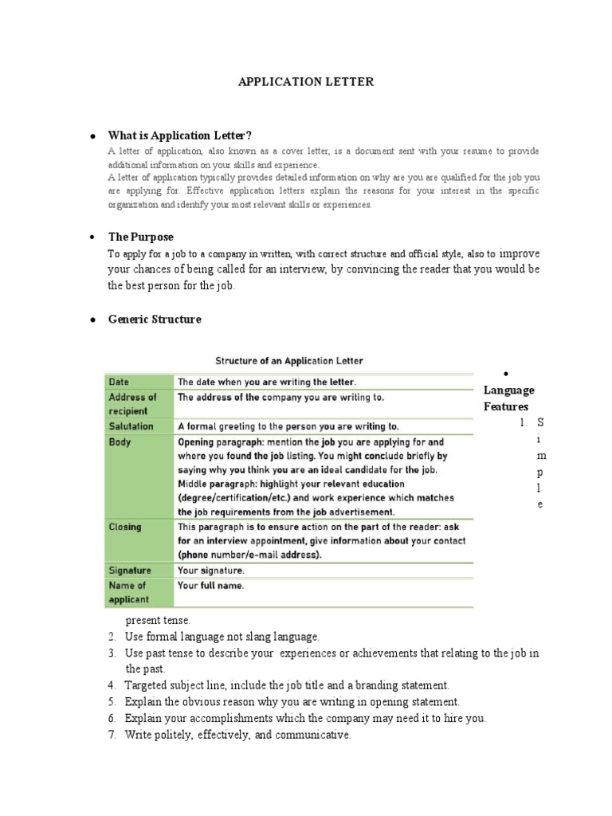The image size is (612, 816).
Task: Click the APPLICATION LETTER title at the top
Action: [x=306, y=82]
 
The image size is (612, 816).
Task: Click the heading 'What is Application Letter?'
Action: [x=185, y=135]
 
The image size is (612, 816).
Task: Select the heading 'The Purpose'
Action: [x=140, y=237]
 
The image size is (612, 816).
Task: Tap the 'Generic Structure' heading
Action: [x=155, y=319]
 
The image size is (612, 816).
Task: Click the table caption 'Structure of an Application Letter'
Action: [x=290, y=361]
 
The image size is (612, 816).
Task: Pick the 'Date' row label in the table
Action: [x=119, y=382]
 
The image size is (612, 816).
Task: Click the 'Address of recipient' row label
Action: [x=132, y=403]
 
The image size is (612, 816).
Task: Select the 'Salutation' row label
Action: [x=131, y=426]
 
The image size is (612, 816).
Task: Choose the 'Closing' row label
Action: [x=125, y=527]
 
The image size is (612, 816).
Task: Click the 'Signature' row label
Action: [x=130, y=571]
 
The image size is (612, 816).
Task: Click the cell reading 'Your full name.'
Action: [x=210, y=586]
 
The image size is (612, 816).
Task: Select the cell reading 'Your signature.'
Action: [x=211, y=571]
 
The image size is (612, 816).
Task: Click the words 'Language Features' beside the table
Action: [x=508, y=398]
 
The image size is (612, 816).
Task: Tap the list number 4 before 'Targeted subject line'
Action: [x=112, y=685]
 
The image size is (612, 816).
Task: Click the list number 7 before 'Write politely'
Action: [x=112, y=735]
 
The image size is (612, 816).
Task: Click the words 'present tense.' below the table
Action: [x=158, y=620]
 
